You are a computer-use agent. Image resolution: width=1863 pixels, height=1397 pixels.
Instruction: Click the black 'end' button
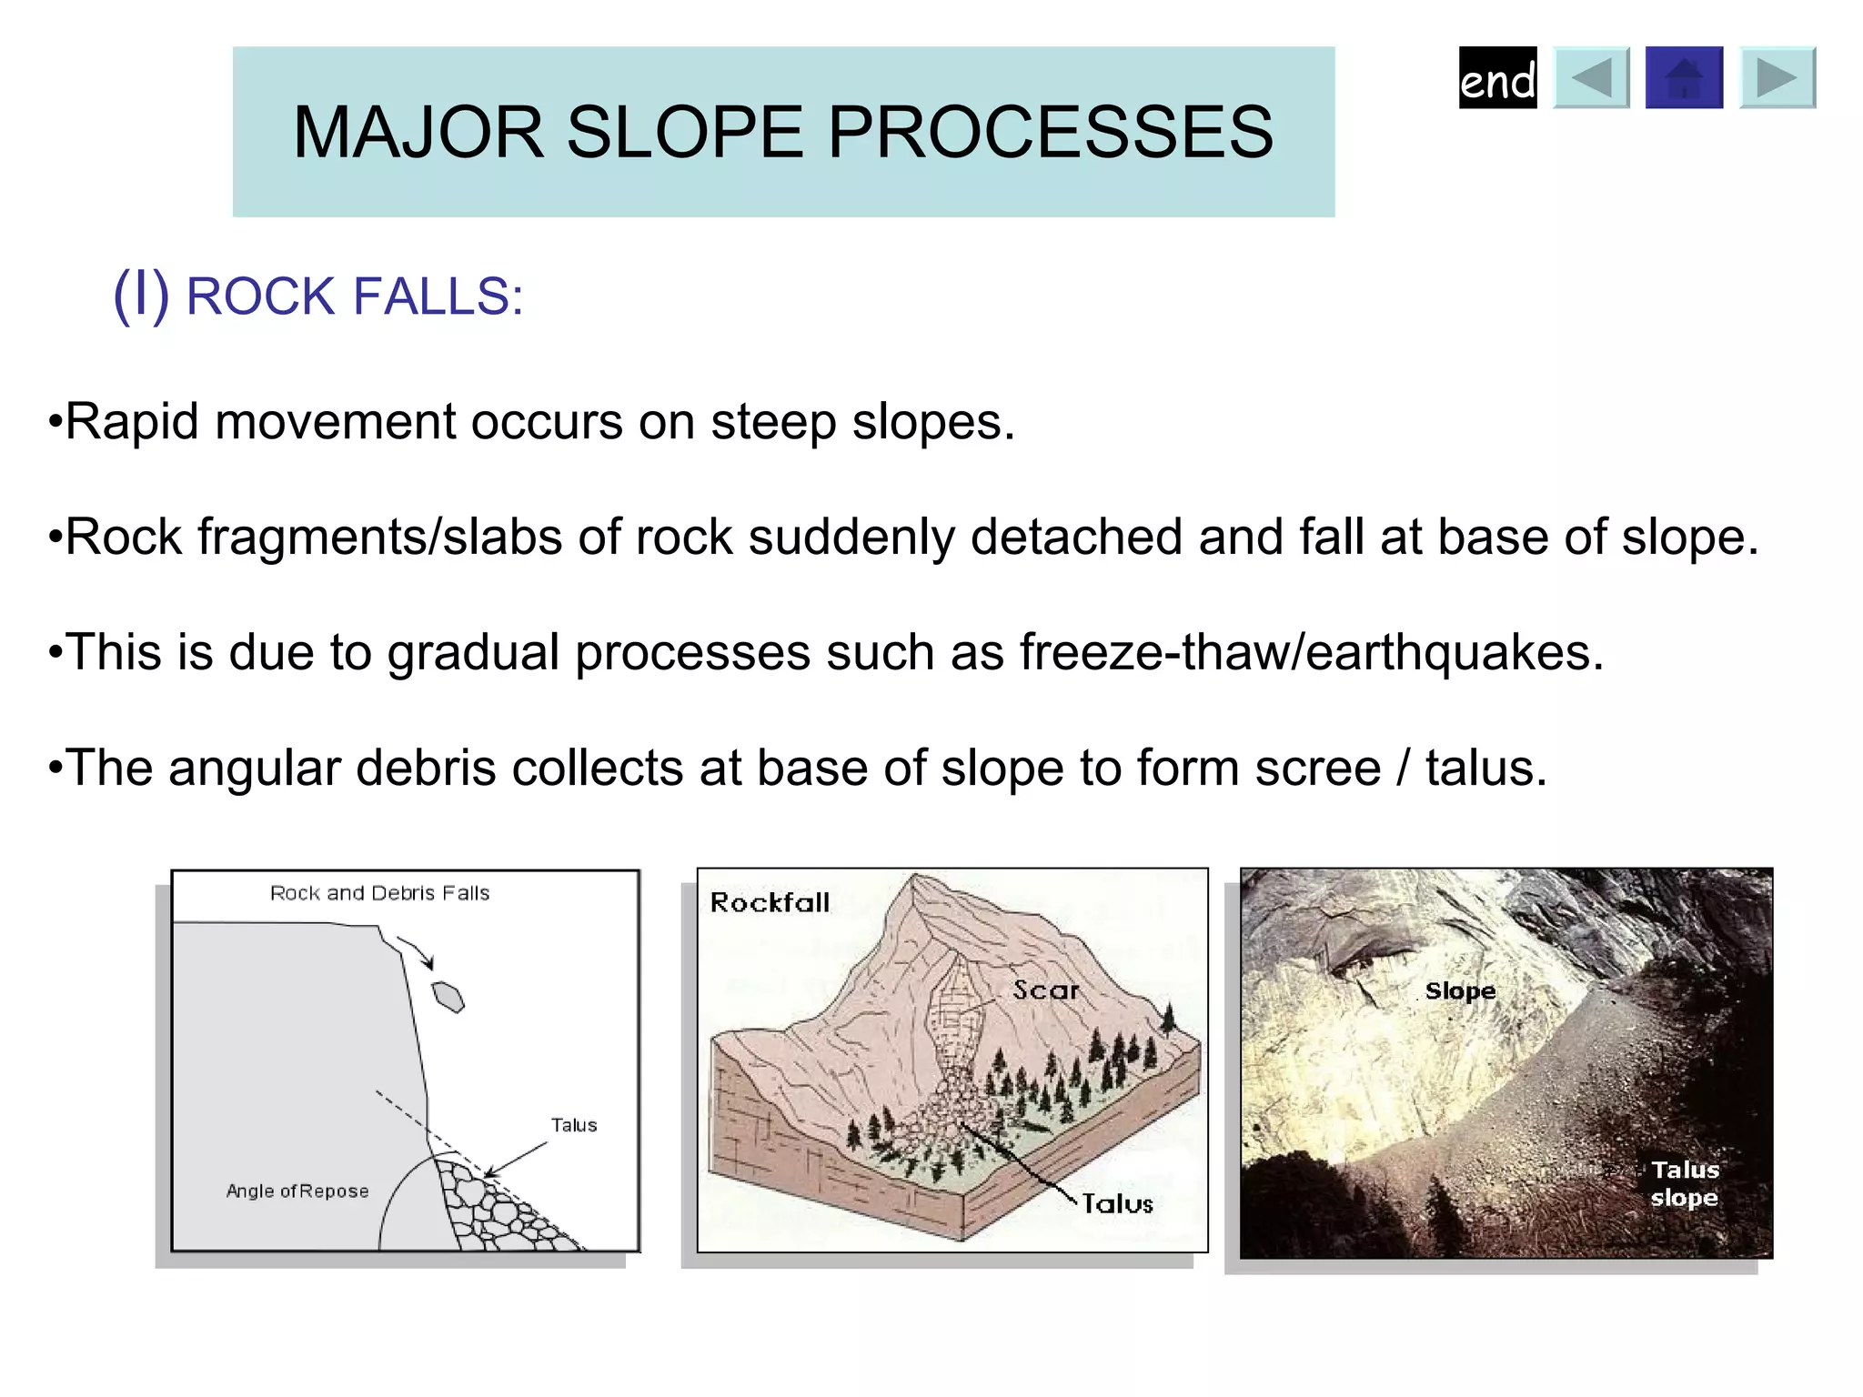pos(1497,78)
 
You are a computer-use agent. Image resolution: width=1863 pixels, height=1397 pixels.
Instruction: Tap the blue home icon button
pos(1684,78)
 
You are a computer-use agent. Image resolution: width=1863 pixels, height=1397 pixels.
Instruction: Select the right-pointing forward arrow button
pos(1777,78)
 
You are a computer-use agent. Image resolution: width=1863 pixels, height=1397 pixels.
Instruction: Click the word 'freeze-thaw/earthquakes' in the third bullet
pos(1311,652)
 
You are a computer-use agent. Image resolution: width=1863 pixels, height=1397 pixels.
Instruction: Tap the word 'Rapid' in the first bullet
pos(132,422)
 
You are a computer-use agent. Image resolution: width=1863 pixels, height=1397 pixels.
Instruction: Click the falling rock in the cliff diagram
pos(448,997)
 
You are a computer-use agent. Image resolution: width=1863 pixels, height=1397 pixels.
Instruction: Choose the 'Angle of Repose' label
pos(297,1191)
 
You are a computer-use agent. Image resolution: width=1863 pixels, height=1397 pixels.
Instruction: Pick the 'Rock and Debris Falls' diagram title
pos(379,893)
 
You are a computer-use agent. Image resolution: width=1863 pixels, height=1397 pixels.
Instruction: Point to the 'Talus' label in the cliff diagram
pos(574,1125)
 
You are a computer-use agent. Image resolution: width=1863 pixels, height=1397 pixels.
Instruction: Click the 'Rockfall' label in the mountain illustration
pos(770,902)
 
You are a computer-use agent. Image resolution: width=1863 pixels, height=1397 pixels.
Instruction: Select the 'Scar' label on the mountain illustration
pos(1045,990)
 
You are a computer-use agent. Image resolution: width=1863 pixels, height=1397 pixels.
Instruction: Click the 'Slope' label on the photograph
pos(1460,990)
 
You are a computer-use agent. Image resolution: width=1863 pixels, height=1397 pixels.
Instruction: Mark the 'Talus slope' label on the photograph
pos(1685,1183)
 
